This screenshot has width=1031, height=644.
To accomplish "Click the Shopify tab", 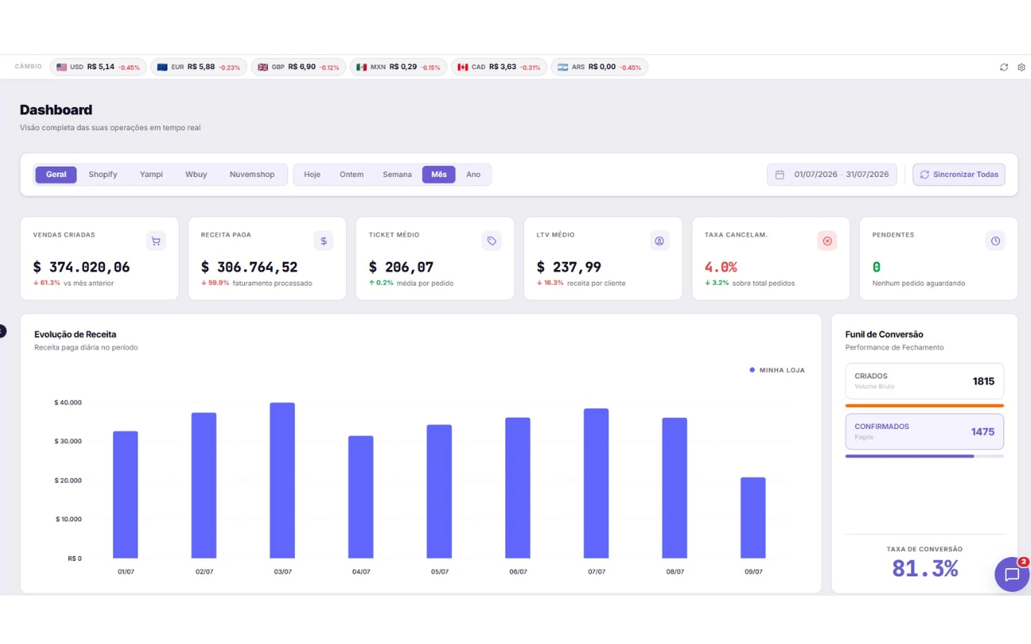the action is [102, 175].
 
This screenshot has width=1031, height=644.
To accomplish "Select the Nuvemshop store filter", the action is [252, 175].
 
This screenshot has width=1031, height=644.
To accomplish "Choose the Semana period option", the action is [397, 175].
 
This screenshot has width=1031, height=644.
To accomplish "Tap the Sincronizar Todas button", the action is [959, 175].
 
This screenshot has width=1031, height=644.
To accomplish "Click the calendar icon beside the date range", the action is [779, 175].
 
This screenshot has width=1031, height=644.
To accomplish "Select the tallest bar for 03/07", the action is [282, 480].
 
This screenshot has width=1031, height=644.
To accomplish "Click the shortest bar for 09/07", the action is [753, 518].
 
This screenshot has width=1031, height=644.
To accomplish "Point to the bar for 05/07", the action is [439, 491].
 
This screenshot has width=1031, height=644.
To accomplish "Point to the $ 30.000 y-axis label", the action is [68, 441].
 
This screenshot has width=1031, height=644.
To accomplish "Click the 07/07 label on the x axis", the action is [597, 571].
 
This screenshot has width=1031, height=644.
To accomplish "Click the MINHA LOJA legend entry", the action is [777, 370].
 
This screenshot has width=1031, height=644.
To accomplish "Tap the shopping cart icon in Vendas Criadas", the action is [156, 241].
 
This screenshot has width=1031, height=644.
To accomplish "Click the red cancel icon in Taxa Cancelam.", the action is [827, 241].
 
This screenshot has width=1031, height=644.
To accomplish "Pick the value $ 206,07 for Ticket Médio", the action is [401, 267].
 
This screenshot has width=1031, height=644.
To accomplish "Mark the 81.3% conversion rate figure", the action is [925, 568].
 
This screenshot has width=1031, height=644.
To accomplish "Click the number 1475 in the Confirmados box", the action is [983, 431].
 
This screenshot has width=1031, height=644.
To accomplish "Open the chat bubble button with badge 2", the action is [1012, 574].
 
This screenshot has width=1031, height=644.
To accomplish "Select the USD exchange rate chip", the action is [98, 67].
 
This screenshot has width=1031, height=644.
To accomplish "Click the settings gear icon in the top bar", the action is [1021, 67].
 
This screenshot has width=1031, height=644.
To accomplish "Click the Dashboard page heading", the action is [55, 109].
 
